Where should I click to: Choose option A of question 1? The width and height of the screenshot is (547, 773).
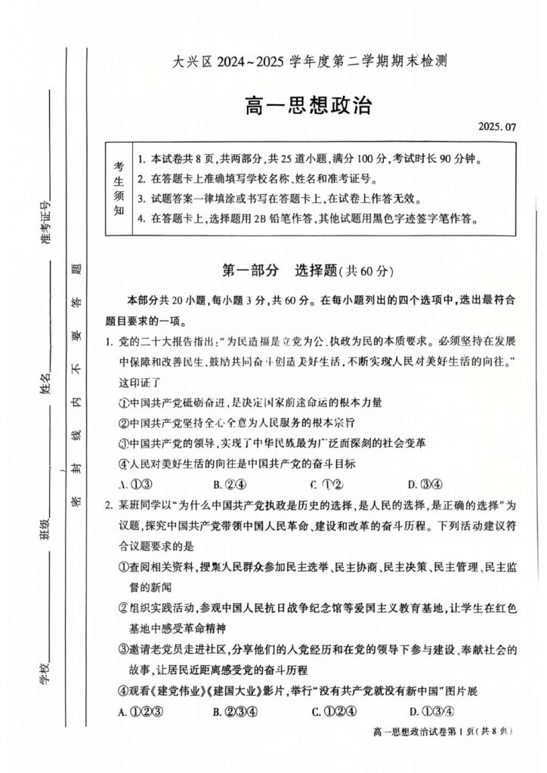132,484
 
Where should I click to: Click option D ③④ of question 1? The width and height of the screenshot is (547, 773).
425,484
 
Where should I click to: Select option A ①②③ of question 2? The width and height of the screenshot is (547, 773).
136,710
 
